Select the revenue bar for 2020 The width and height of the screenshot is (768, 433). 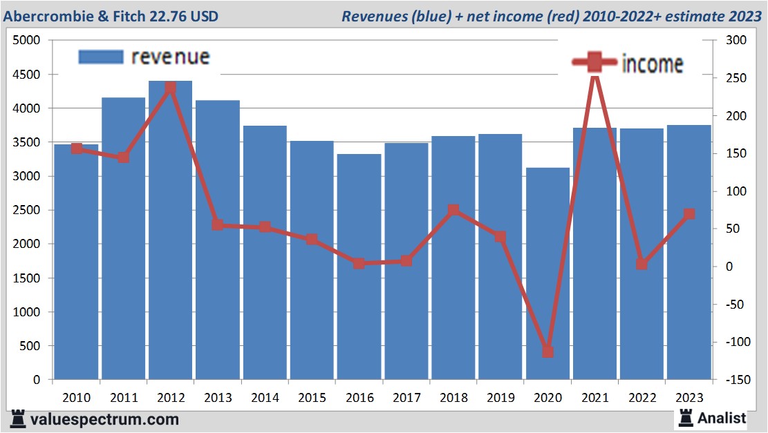click(x=548, y=276)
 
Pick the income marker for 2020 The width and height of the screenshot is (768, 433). click(x=548, y=352)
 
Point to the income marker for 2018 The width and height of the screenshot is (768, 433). click(x=453, y=211)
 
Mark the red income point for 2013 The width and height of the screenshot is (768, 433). click(x=218, y=224)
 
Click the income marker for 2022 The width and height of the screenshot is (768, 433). click(x=642, y=264)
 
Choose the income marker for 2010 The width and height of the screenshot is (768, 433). click(x=76, y=148)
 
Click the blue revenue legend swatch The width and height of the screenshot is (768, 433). click(x=100, y=57)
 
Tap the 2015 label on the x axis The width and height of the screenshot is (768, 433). click(x=312, y=398)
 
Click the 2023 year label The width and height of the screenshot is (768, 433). click(x=689, y=398)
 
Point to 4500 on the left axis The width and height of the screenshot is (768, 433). click(x=28, y=75)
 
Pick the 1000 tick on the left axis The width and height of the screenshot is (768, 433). click(x=28, y=312)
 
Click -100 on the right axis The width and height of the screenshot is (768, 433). click(x=734, y=342)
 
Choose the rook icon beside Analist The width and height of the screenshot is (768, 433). click(x=686, y=418)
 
